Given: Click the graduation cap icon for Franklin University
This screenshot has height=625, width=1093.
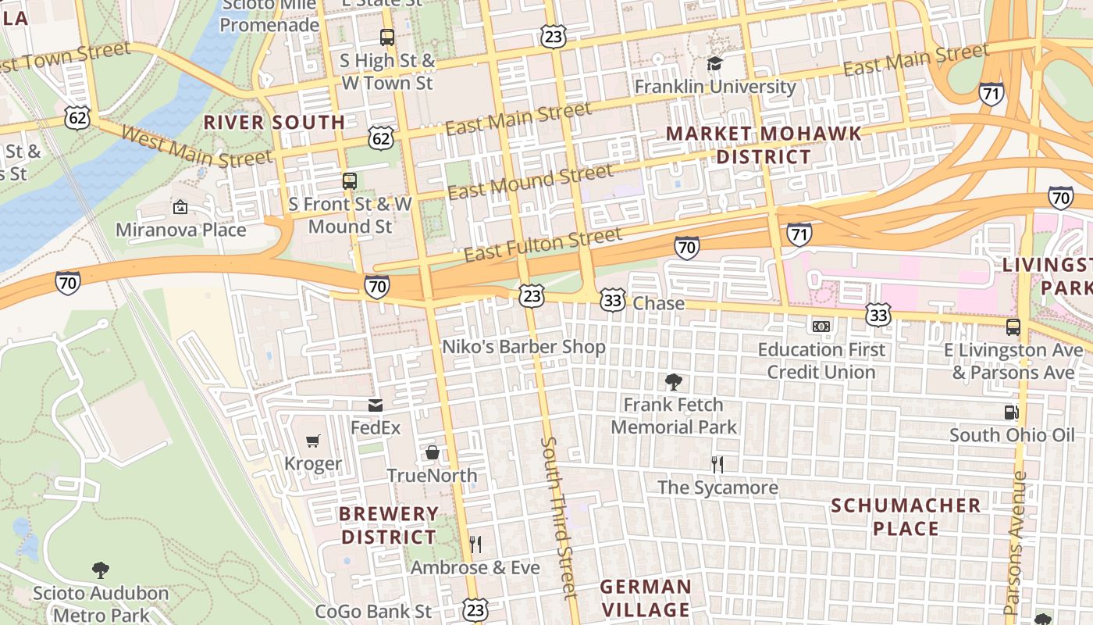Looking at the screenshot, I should tap(714, 63).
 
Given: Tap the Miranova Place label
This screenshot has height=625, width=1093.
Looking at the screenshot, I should tap(180, 230).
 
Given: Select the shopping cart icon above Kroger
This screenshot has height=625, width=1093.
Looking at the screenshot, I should tap(313, 441).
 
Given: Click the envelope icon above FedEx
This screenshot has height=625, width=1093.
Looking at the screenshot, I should tap(376, 405).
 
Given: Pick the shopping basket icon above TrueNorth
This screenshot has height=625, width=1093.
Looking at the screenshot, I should tap(432, 452).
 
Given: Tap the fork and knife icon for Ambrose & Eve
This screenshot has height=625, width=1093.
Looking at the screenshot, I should tap(475, 544).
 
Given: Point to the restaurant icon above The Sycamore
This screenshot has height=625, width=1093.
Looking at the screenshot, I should tap(717, 465).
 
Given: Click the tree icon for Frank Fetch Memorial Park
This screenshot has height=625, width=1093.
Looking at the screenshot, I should tap(673, 382).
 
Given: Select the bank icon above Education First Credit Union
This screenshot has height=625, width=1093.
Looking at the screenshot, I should tap(821, 326).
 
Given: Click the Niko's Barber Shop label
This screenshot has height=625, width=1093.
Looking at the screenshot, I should tap(524, 346).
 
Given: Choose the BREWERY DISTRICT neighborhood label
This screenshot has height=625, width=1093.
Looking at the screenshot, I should tap(389, 525).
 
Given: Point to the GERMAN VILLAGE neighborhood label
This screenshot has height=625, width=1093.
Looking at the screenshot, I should tap(645, 598).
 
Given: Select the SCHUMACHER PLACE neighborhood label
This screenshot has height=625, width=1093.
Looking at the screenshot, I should tap(906, 516).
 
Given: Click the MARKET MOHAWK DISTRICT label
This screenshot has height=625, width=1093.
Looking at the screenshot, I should tap(764, 145).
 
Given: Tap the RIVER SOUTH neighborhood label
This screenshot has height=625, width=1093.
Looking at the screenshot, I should tap(274, 122).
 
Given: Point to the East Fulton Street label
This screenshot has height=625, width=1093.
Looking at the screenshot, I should tap(543, 244).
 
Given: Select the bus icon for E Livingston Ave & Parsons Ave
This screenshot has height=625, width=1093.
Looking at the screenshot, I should tap(1013, 327).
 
